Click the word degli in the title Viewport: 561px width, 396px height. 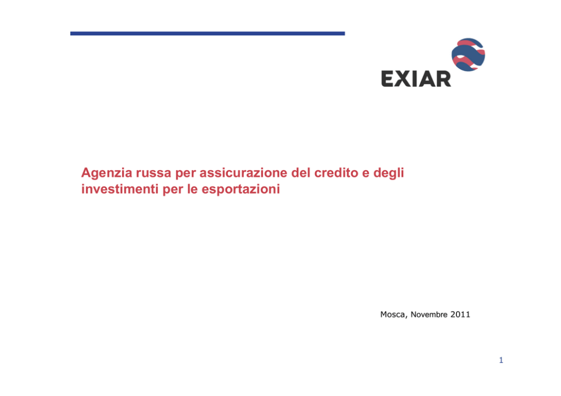389,173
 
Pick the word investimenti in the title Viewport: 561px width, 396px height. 120,189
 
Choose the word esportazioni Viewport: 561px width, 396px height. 240,189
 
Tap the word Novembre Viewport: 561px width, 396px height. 429,315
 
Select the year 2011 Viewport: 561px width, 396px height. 460,315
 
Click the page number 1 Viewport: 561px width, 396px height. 501,360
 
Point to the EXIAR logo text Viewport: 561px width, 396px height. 416,79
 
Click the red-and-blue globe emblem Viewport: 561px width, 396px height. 468,55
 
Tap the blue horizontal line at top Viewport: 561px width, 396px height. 208,33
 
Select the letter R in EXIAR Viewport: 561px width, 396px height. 443,79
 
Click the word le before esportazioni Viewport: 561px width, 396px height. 192,189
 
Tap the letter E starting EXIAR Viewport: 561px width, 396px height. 387,79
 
